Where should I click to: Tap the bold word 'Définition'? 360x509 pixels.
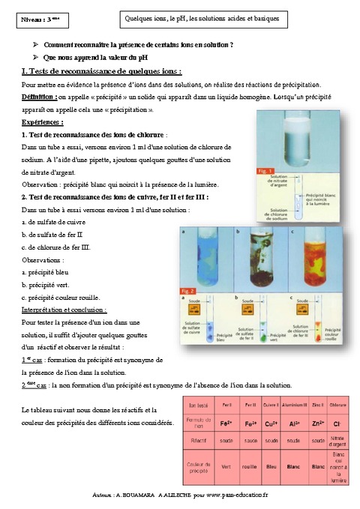pyautogui.click(x=38, y=97)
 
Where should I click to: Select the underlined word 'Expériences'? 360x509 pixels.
pyautogui.click(x=42, y=121)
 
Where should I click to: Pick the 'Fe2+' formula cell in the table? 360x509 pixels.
pyautogui.click(x=227, y=423)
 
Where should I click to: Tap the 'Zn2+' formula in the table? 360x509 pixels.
pyautogui.click(x=316, y=423)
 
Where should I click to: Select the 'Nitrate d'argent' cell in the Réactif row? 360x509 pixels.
pyautogui.click(x=338, y=441)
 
